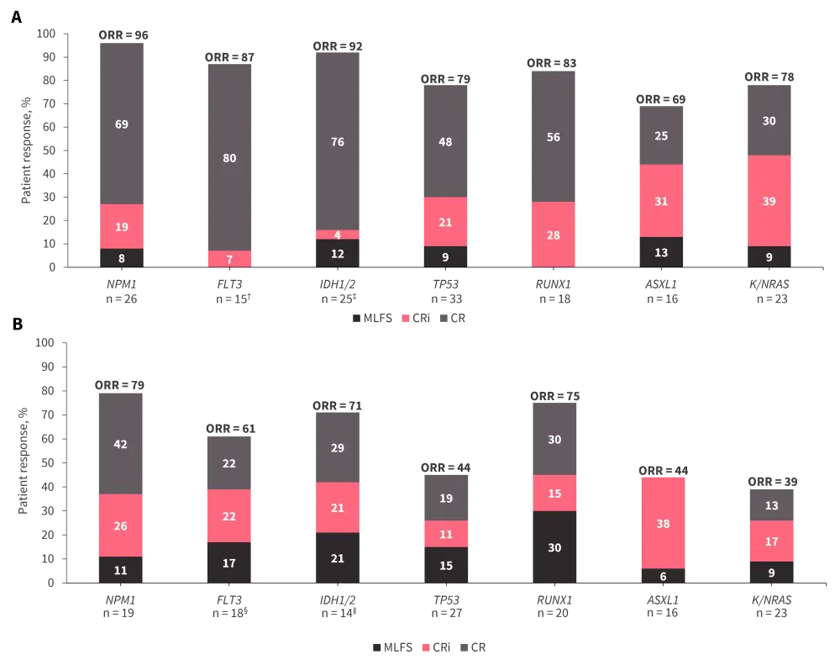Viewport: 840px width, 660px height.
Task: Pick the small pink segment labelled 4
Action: click(x=338, y=235)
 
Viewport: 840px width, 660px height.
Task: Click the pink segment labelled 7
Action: click(x=229, y=259)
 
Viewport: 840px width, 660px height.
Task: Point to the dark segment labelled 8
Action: click(x=121, y=258)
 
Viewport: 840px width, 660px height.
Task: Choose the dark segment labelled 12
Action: click(x=338, y=254)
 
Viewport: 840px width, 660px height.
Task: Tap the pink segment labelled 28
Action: click(x=553, y=235)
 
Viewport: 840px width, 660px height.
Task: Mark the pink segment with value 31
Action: click(x=661, y=201)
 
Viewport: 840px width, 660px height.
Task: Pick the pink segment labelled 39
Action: click(x=769, y=201)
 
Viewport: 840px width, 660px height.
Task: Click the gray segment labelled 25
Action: click(x=661, y=135)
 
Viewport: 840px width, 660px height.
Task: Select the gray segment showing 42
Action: click(x=120, y=443)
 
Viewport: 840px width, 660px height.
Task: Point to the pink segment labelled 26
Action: click(x=120, y=525)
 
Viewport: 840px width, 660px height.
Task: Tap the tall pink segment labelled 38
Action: click(x=662, y=522)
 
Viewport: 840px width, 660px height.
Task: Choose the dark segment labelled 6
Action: click(x=662, y=576)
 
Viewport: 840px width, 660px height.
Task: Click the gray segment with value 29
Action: click(x=338, y=447)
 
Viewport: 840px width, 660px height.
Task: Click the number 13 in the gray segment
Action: click(x=771, y=505)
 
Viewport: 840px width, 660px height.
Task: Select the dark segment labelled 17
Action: click(x=228, y=562)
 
